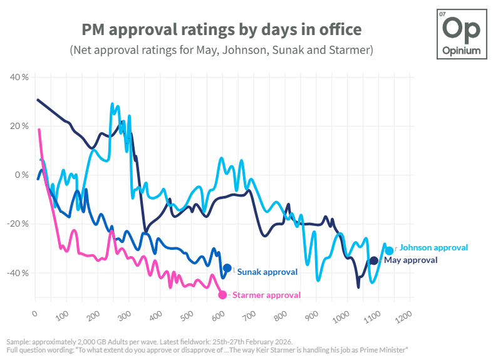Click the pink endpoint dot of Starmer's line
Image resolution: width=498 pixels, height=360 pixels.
[222, 295]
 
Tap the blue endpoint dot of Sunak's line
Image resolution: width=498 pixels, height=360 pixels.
[227, 268]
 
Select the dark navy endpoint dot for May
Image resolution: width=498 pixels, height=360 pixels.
[374, 260]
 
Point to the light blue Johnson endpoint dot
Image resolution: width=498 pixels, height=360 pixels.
[390, 251]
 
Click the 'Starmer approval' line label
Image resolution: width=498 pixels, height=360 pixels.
[266, 296]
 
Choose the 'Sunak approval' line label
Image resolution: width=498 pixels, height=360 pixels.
[267, 272]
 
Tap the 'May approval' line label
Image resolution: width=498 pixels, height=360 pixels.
[411, 260]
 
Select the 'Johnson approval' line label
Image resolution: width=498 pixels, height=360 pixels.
[433, 248]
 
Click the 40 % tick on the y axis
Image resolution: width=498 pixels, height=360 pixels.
[19, 77]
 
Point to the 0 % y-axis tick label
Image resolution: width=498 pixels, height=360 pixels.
[21, 175]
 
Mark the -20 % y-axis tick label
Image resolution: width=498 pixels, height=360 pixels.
[18, 224]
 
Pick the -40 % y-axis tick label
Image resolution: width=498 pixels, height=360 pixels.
[18, 273]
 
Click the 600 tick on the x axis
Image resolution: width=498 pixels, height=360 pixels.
[218, 316]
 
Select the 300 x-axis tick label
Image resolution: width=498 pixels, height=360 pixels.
[125, 316]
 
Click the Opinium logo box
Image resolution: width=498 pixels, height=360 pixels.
[462, 34]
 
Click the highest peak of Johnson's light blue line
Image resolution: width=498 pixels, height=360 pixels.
[112, 104]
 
